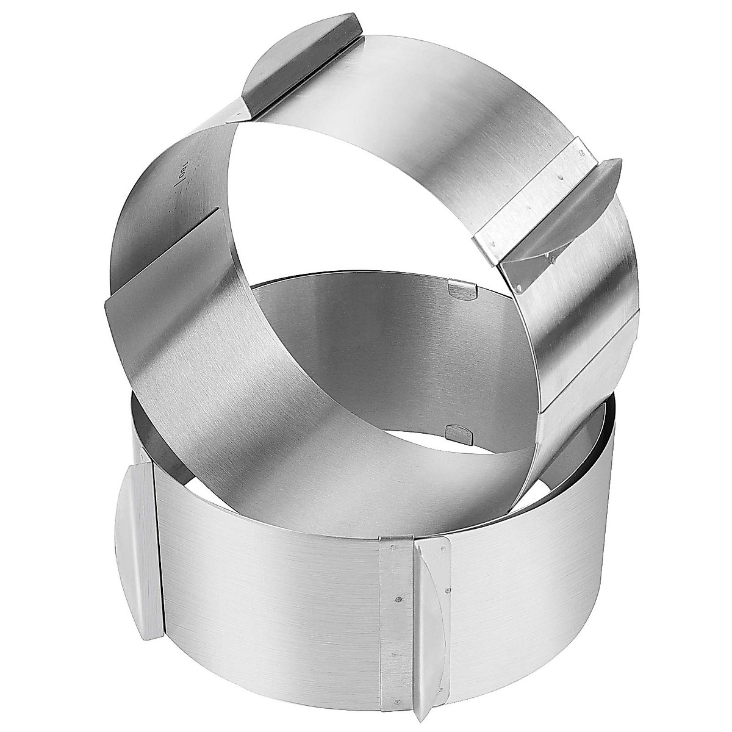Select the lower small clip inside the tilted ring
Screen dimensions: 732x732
click(x=459, y=432)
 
